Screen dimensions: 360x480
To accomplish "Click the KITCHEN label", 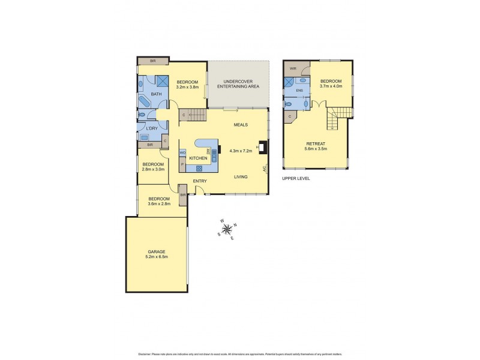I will pyautogui.click(x=198, y=158).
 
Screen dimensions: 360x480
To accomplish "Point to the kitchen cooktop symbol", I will pyautogui.click(x=199, y=169).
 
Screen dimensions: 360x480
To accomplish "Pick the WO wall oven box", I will pyautogui.click(x=182, y=153).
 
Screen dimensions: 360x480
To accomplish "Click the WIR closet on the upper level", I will pyautogui.click(x=292, y=68).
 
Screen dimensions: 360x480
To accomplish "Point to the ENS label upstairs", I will pyautogui.click(x=299, y=91).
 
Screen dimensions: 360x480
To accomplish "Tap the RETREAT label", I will pyautogui.click(x=316, y=143).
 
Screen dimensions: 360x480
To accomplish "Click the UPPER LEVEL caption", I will pyautogui.click(x=296, y=178).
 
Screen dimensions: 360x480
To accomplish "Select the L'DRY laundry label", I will pyautogui.click(x=151, y=128).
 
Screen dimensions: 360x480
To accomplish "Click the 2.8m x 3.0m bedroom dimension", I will pyautogui.click(x=153, y=169).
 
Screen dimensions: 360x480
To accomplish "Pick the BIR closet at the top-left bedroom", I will pyautogui.click(x=152, y=61).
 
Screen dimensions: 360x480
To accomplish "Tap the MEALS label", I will pyautogui.click(x=241, y=125).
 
